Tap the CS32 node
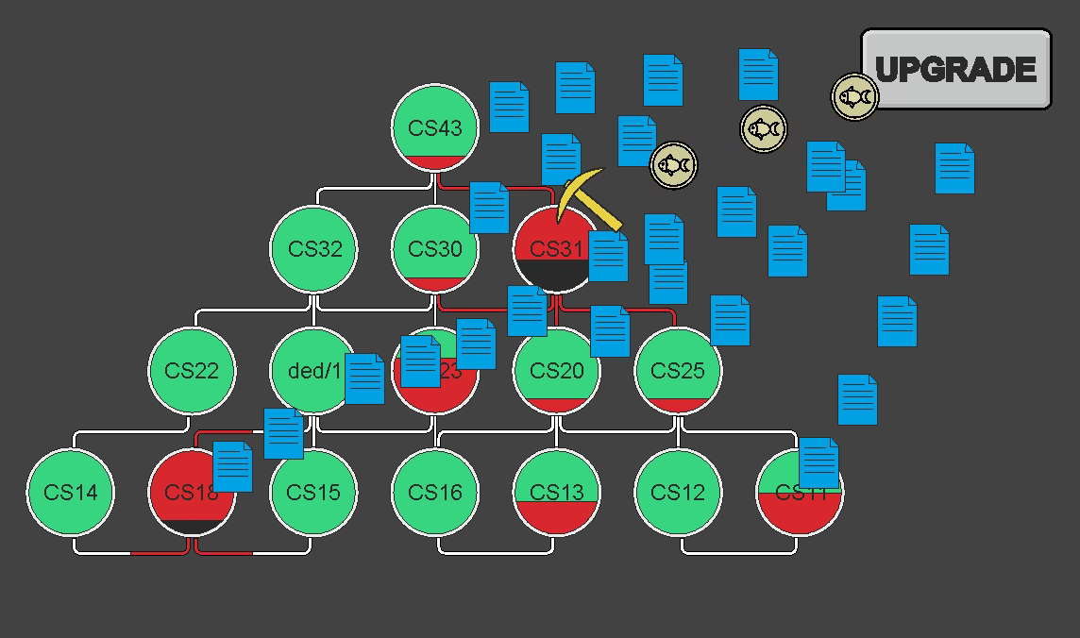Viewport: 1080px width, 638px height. point(314,249)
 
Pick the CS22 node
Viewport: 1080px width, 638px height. point(192,371)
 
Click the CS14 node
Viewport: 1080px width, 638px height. point(71,492)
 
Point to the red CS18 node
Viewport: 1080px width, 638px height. point(184,492)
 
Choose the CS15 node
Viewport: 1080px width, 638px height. point(314,492)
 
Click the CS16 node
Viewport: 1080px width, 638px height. point(435,492)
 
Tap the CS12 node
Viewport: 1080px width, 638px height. point(678,492)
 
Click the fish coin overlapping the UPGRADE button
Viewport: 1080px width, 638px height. point(854,96)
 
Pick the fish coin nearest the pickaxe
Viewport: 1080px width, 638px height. point(673,165)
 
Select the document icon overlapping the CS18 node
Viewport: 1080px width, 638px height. point(232,466)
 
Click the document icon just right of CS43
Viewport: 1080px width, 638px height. point(509,107)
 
